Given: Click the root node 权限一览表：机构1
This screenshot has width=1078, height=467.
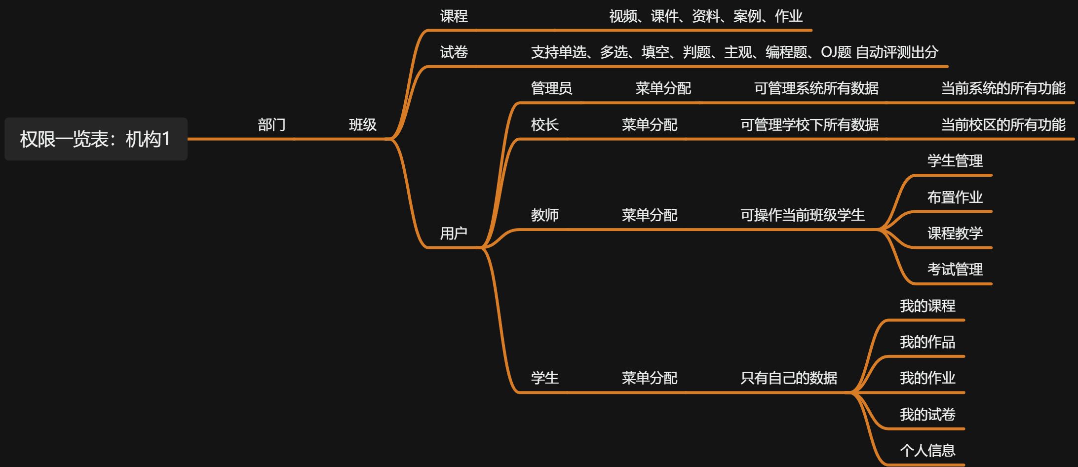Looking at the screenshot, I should [x=96, y=139].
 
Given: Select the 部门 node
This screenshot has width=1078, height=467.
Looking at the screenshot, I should [x=271, y=125].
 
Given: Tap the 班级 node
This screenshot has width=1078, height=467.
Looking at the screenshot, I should [x=363, y=125].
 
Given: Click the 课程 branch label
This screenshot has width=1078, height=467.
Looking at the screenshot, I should [x=454, y=16].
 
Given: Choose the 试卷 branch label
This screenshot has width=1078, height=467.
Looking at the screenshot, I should [x=454, y=52].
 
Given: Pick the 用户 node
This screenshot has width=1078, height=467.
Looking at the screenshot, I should [x=454, y=233].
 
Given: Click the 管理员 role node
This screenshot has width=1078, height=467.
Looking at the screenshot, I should [x=551, y=88].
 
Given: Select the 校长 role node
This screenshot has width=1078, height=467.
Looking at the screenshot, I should [x=544, y=125].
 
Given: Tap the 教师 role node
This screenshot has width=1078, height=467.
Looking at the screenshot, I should [x=544, y=215].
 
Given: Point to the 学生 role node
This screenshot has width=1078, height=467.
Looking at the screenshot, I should [x=544, y=378].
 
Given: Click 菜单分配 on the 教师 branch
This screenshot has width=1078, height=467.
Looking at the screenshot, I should [x=649, y=215].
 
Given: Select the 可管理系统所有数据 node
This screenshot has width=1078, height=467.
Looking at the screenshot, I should [x=816, y=88].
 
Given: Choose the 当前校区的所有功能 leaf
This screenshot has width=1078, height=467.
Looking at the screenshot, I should [x=1003, y=125].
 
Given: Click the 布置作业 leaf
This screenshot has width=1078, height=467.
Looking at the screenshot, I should [x=955, y=197].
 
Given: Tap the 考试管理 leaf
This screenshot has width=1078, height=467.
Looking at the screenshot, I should [x=955, y=270].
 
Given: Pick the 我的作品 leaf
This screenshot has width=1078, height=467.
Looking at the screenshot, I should [x=927, y=342].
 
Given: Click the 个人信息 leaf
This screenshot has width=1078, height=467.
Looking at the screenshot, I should [x=927, y=450].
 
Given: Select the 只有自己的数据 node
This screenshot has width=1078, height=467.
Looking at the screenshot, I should [x=788, y=378].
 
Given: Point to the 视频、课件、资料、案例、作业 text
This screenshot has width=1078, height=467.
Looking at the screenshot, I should [x=705, y=16].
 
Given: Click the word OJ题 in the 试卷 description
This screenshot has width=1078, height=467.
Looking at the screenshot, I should [x=836, y=52].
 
